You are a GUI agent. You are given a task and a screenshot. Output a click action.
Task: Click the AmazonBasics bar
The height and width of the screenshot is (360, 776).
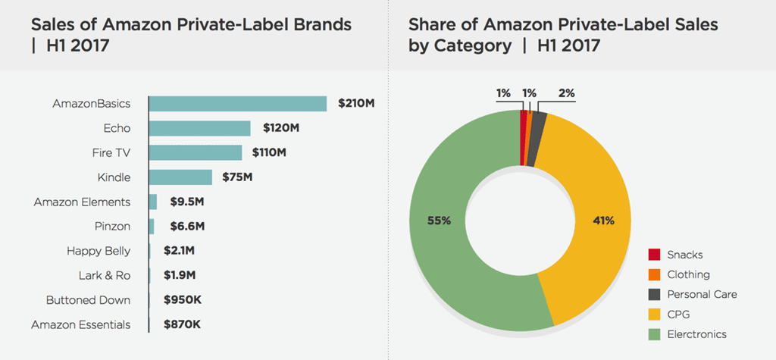tap(237, 104)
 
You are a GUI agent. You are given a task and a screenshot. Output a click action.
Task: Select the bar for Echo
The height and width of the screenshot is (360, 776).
tap(199, 128)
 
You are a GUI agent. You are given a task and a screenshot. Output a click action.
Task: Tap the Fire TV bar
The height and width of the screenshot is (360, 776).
tap(196, 152)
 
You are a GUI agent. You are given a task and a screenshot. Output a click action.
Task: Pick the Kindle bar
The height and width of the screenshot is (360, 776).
tap(180, 177)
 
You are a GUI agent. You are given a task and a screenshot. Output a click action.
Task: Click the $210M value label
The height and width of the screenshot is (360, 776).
tap(355, 104)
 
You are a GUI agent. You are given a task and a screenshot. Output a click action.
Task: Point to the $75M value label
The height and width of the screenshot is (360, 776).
tap(237, 177)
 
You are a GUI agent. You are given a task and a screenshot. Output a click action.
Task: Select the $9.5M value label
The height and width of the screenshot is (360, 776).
tap(184, 202)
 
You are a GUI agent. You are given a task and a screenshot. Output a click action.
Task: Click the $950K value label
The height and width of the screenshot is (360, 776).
tap(183, 300)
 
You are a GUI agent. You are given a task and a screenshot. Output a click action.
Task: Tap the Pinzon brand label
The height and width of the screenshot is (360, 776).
tap(112, 227)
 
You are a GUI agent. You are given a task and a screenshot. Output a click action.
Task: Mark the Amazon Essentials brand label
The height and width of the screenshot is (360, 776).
tap(80, 324)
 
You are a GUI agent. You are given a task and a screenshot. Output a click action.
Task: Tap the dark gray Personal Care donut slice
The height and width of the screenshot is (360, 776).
tap(539, 117)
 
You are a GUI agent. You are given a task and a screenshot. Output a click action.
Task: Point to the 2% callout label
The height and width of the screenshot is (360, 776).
tap(566, 93)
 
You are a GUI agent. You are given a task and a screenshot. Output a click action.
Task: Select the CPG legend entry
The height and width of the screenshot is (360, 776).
tap(678, 314)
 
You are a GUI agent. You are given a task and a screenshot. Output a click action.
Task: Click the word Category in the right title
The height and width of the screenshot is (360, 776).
tap(472, 45)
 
